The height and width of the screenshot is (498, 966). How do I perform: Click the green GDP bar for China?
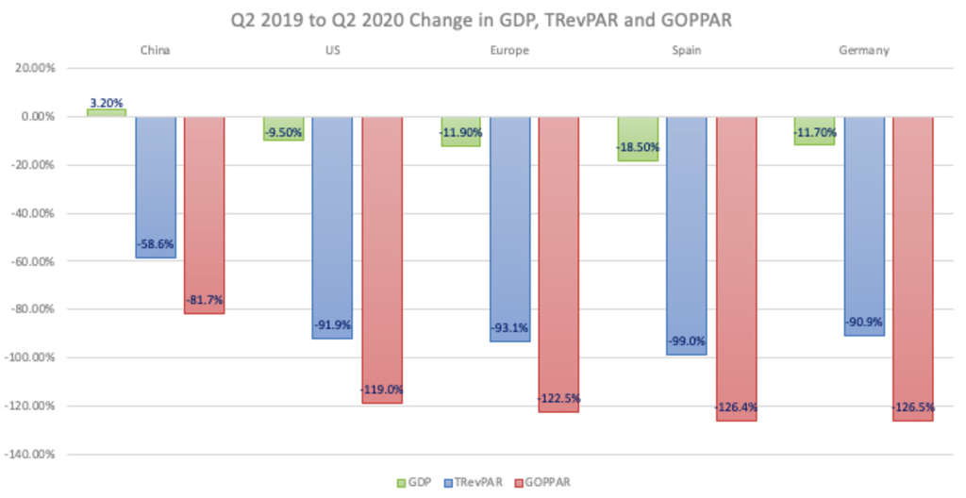coord(106,112)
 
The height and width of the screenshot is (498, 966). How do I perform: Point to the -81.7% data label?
coord(204,300)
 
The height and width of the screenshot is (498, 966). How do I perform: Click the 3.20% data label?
coord(106,103)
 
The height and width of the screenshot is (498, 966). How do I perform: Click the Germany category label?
coord(863,51)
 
